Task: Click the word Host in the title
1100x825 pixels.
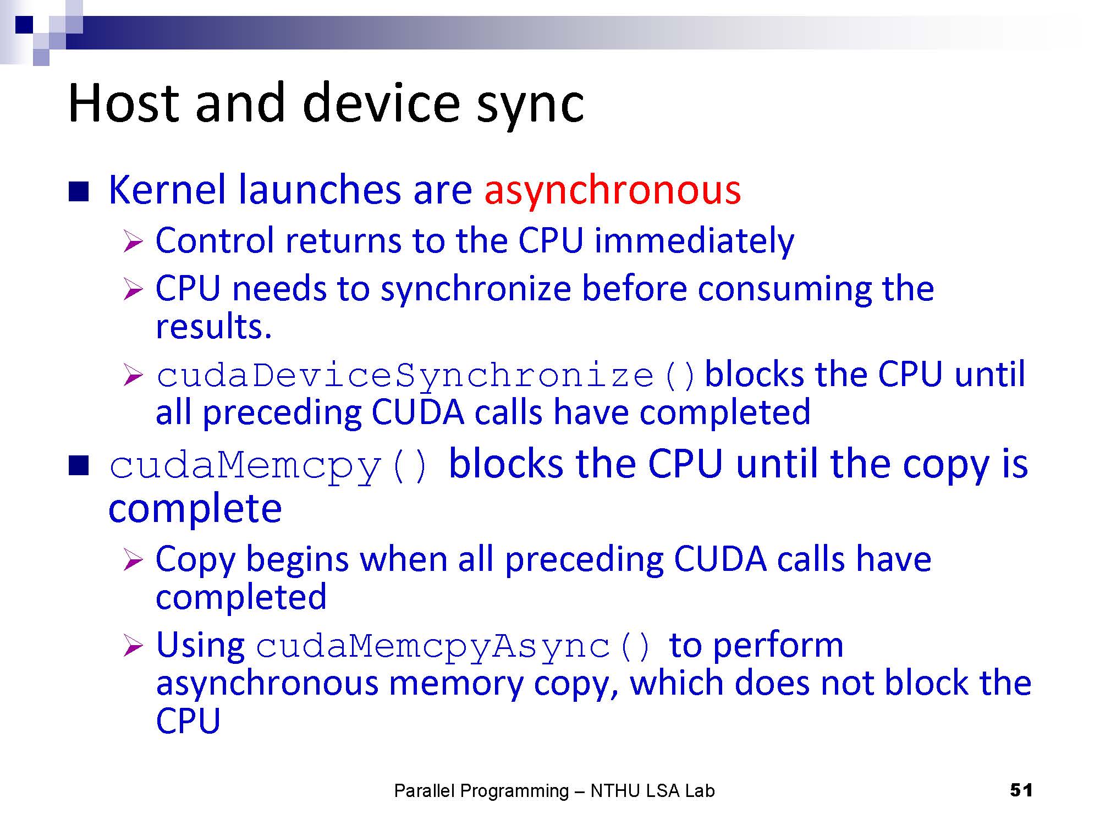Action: pyautogui.click(x=123, y=103)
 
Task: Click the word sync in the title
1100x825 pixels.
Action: pyautogui.click(x=530, y=107)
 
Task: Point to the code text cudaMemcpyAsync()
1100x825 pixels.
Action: pyautogui.click(x=454, y=647)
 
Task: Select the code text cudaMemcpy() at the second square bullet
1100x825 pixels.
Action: pyautogui.click(x=268, y=466)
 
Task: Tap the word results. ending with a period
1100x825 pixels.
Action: pyautogui.click(x=214, y=327)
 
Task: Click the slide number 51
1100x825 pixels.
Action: pyautogui.click(x=1021, y=790)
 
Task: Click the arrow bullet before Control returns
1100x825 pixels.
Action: pyautogui.click(x=133, y=241)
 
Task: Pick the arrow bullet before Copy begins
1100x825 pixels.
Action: pyautogui.click(x=133, y=560)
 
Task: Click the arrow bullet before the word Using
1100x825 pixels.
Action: pyautogui.click(x=133, y=646)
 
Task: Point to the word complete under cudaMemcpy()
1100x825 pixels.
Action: pyautogui.click(x=195, y=509)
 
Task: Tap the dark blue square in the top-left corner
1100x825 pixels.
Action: pyautogui.click(x=25, y=25)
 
